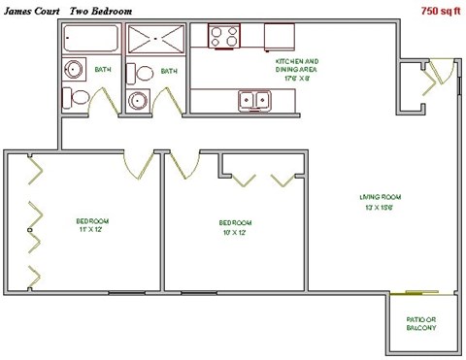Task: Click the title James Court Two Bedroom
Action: click(x=68, y=10)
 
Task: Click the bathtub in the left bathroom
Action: click(x=91, y=40)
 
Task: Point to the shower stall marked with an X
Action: click(x=155, y=41)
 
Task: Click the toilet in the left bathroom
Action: click(x=75, y=97)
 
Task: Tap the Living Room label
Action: click(x=378, y=202)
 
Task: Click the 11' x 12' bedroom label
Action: click(x=93, y=225)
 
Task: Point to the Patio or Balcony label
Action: click(x=421, y=324)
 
